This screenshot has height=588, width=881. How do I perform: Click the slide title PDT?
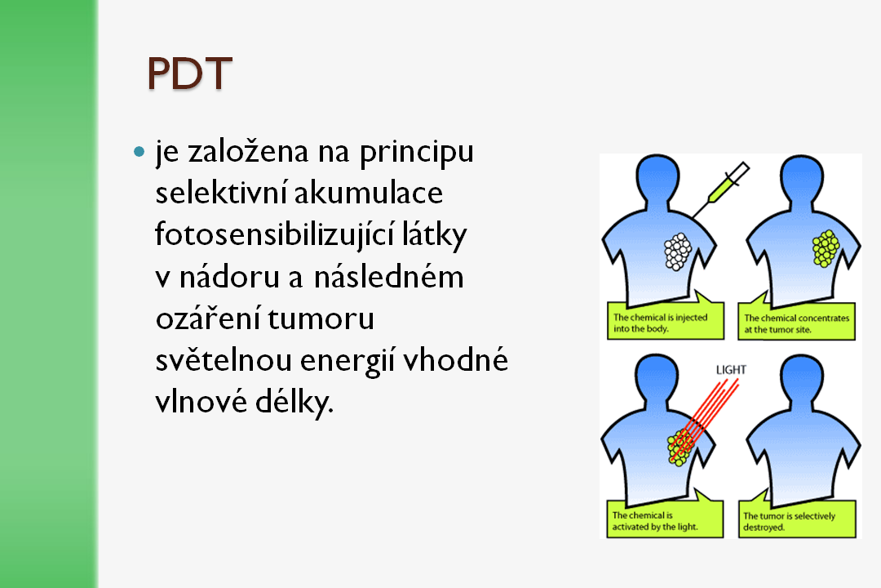click(x=189, y=73)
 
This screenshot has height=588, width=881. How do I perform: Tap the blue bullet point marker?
click(x=139, y=151)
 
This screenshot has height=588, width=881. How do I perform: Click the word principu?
click(x=416, y=153)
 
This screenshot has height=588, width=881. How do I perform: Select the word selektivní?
click(x=221, y=193)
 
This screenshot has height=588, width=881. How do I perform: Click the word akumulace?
click(x=369, y=193)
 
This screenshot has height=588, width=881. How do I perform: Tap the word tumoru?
click(x=321, y=318)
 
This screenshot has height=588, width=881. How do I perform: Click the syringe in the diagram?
click(x=721, y=189)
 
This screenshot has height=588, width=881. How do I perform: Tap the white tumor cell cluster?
click(x=678, y=252)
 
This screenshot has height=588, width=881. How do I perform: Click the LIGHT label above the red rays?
click(x=731, y=370)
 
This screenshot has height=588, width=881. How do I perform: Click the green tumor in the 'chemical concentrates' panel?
click(x=826, y=248)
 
